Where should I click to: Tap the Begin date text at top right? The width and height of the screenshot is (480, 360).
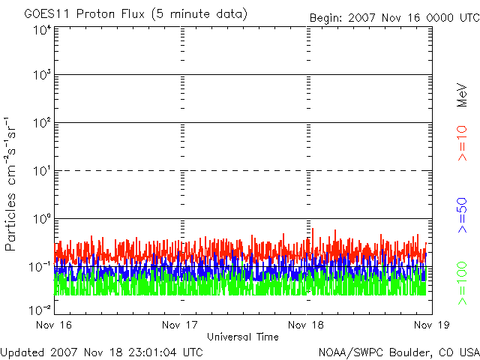point(394,17)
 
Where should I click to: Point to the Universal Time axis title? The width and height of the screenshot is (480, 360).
point(243,337)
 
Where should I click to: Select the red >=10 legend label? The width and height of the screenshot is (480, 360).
point(462,142)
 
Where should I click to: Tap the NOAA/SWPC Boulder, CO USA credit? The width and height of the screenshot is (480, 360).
point(398,351)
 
